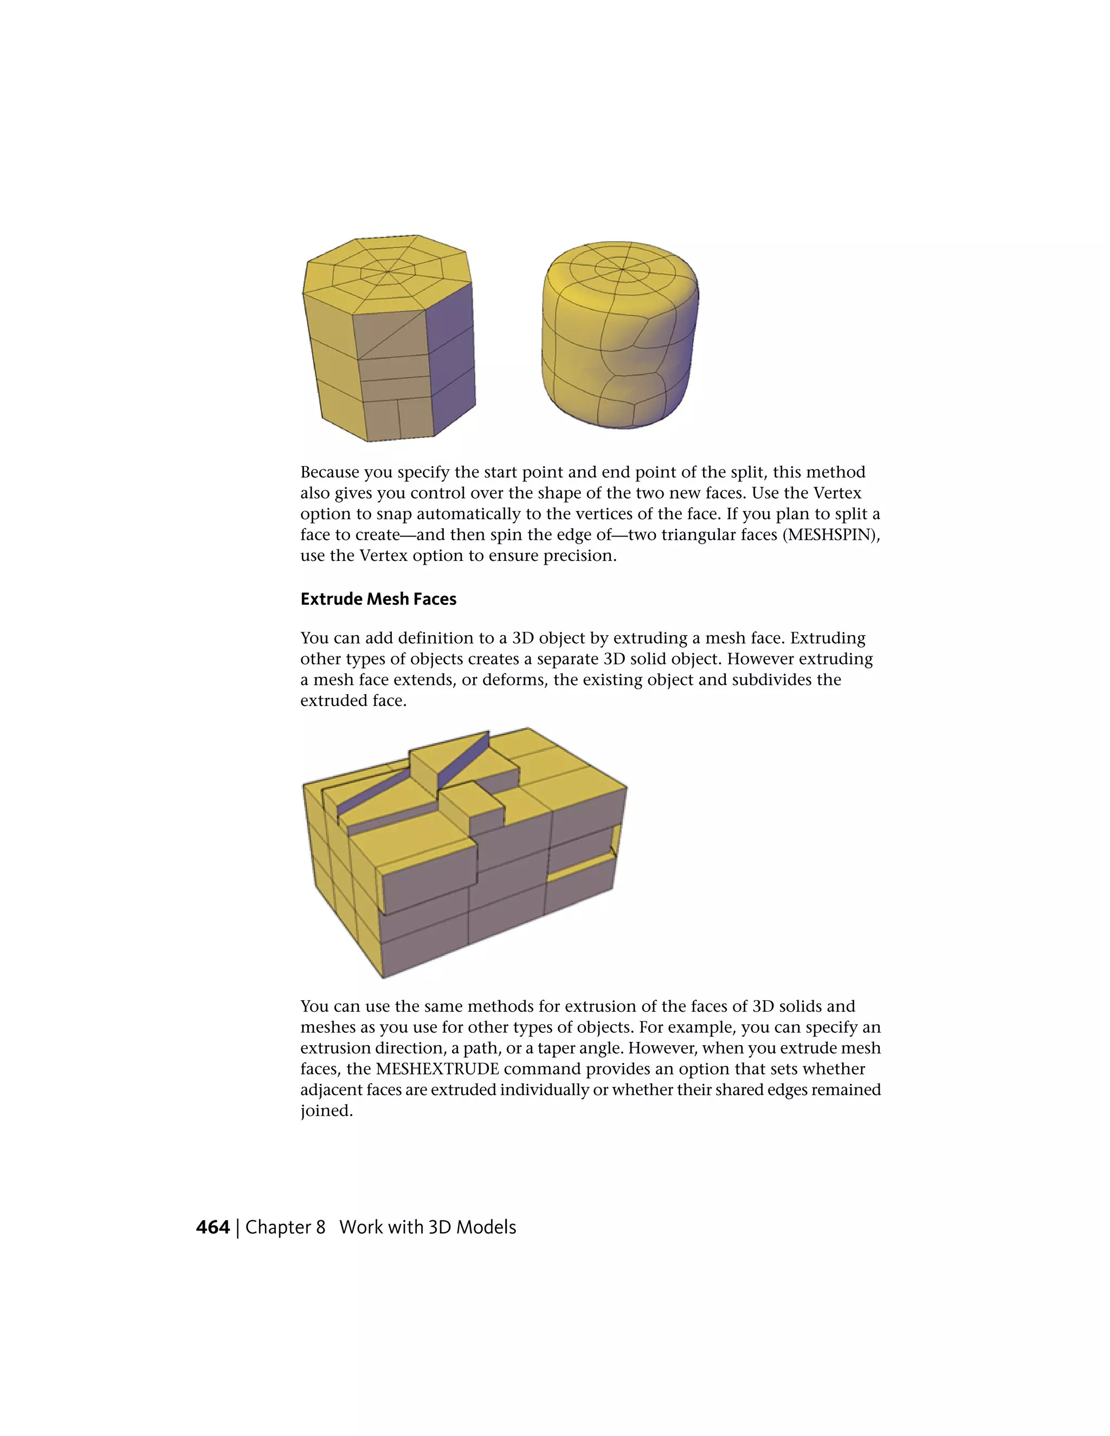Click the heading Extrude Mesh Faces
378,599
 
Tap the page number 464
212,1227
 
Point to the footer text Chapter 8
285,1227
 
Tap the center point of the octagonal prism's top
388,271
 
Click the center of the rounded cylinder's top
623,269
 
